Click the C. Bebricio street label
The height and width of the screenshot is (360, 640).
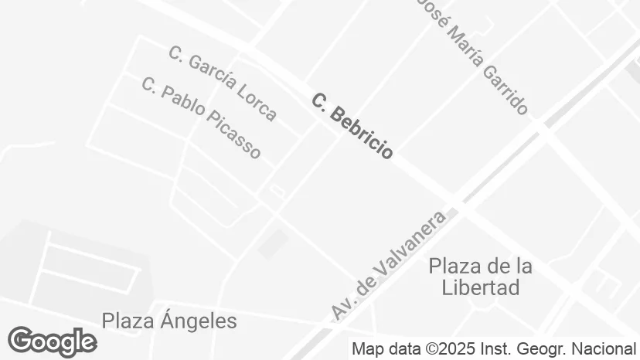pyautogui.click(x=352, y=126)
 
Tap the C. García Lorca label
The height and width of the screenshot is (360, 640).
pyautogui.click(x=222, y=83)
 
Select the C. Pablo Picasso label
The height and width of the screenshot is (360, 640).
pyautogui.click(x=201, y=117)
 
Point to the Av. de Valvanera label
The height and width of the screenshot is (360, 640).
pyautogui.click(x=390, y=264)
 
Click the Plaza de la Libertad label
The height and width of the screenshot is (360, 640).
pyautogui.click(x=480, y=277)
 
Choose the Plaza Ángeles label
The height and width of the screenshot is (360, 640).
pyautogui.click(x=169, y=321)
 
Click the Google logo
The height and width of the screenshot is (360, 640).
pyautogui.click(x=52, y=341)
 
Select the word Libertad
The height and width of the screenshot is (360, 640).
pyautogui.click(x=480, y=288)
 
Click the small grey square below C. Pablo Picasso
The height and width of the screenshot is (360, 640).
pyautogui.click(x=271, y=245)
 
